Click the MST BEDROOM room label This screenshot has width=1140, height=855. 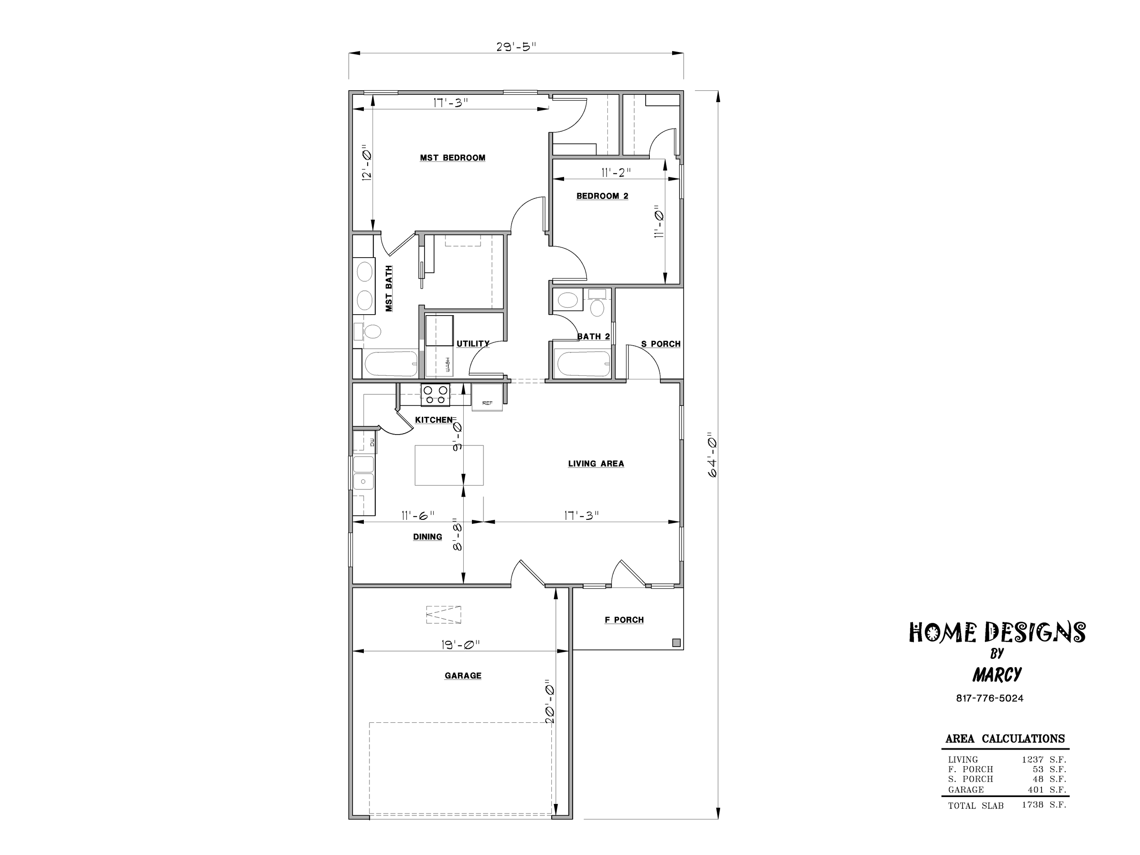pos(452,158)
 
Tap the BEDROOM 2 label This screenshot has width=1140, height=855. pos(602,196)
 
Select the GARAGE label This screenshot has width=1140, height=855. pos(463,676)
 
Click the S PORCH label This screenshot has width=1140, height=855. pos(661,344)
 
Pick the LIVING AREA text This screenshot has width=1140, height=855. pos(596,464)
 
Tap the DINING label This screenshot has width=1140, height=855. pos(427,537)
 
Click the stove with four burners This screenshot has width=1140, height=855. pos(435,395)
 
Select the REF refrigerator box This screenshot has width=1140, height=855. pos(487,397)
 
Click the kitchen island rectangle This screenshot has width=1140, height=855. pos(449,465)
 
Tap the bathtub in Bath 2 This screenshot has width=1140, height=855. pos(583,364)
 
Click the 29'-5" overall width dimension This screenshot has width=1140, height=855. pos(516,47)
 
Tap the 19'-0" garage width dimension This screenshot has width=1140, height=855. pos(460,645)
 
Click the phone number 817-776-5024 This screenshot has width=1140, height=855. pos(990,698)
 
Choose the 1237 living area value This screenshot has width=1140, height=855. pos(1032,759)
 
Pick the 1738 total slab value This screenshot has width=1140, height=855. pos(1032,804)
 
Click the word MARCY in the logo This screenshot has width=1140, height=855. pos(997,674)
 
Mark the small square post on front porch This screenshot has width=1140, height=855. pos(676,643)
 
